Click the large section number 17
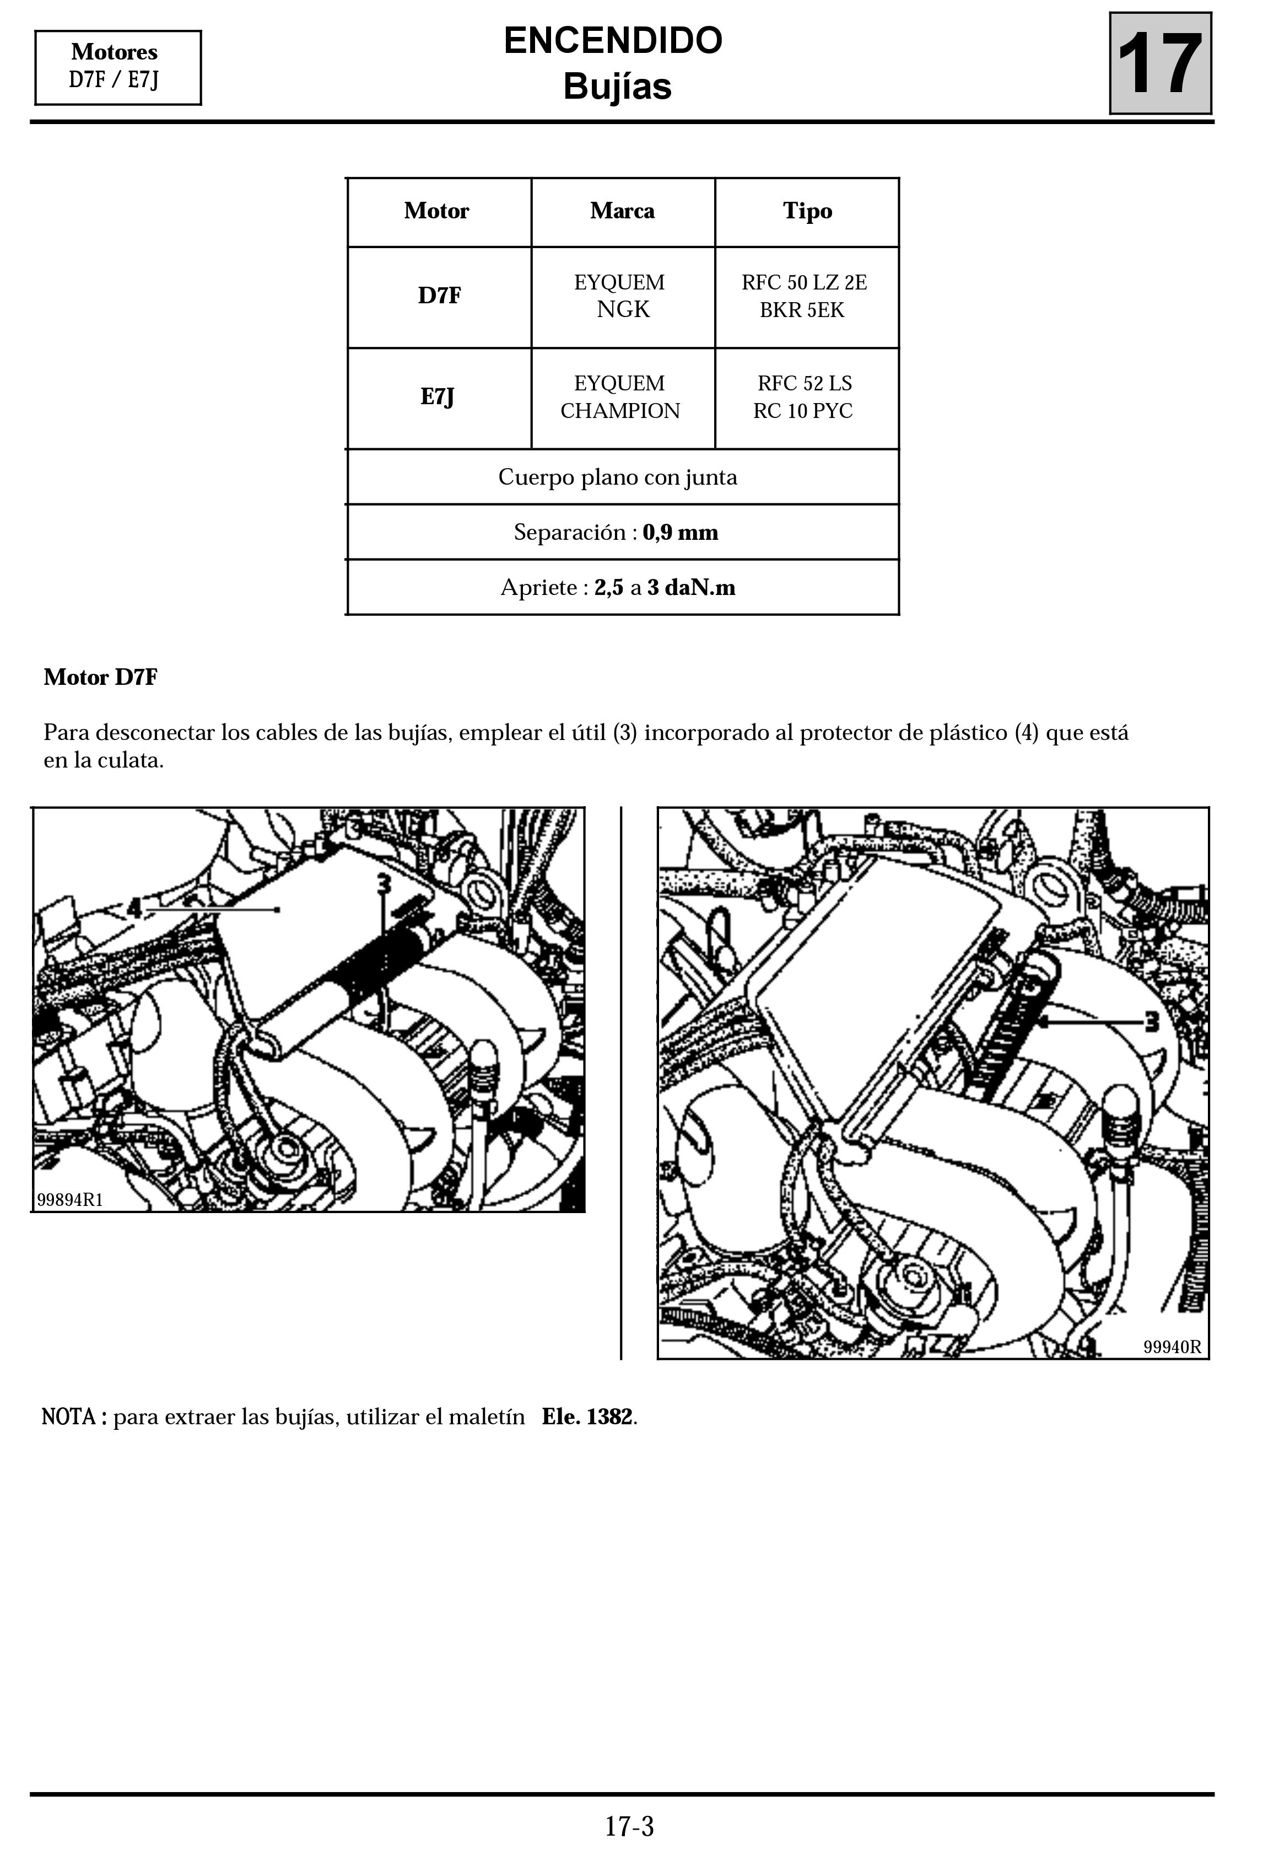tap(1160, 63)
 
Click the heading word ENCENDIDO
tap(613, 40)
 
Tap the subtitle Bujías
tap(617, 87)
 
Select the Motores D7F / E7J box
tap(118, 67)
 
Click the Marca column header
tap(622, 211)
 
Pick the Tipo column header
tap(807, 211)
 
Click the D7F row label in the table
tap(439, 296)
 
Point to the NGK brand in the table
tap(623, 309)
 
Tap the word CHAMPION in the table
tap(619, 411)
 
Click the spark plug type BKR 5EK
tap(802, 310)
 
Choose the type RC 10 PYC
tap(803, 411)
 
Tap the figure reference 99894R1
tap(71, 1199)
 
